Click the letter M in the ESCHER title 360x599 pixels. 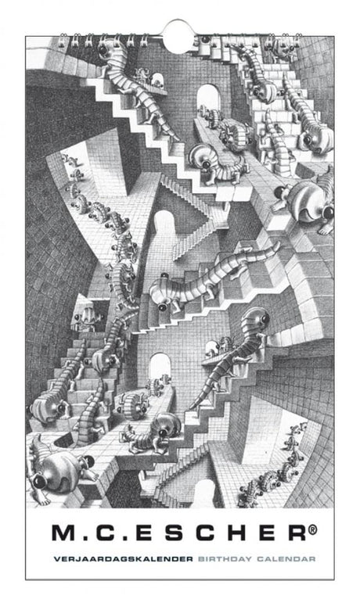pyautogui.click(x=64, y=533)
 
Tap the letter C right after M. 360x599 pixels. pyautogui.click(x=105, y=533)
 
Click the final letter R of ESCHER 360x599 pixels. pyautogui.click(x=297, y=533)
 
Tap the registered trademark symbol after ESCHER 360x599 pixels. pyautogui.click(x=313, y=529)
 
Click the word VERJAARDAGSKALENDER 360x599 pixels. pyautogui.click(x=123, y=559)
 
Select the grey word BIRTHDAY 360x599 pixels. pyautogui.click(x=225, y=559)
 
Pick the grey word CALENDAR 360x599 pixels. pyautogui.click(x=286, y=559)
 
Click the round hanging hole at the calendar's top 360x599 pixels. pyautogui.click(x=178, y=37)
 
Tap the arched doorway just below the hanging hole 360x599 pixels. pyautogui.click(x=209, y=99)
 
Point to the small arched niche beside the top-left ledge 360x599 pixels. pyautogui.click(x=157, y=80)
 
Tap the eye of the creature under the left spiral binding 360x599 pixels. pyautogui.click(x=103, y=50)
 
